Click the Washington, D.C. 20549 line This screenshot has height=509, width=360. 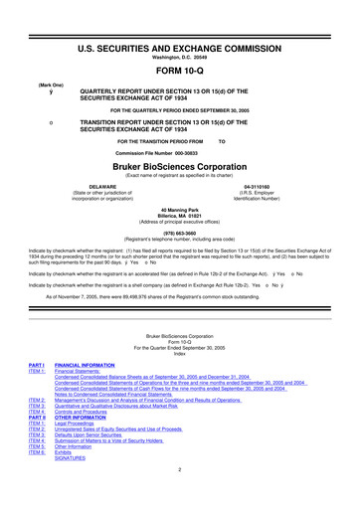(x=180, y=28)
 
